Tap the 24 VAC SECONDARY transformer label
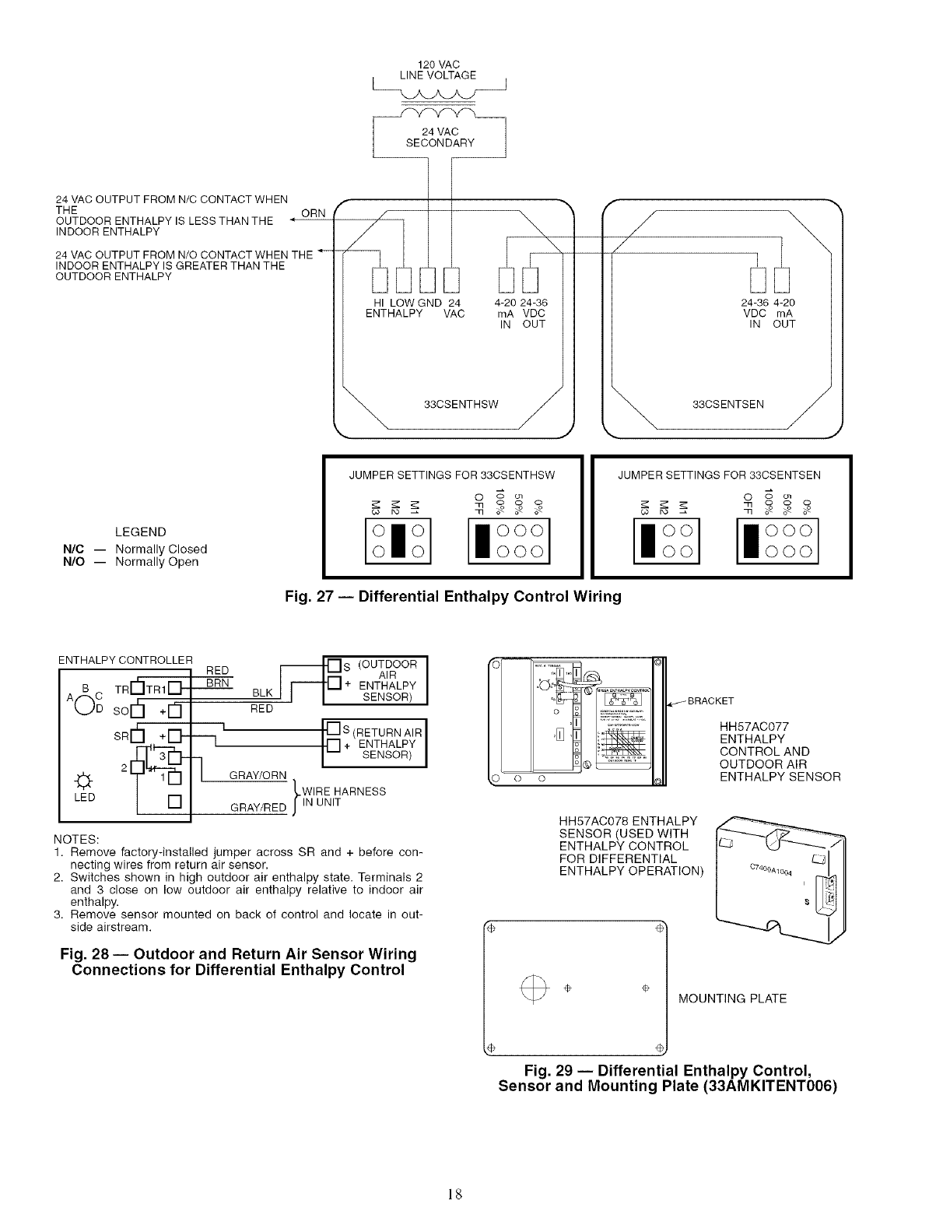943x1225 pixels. (440, 137)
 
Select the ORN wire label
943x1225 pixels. (313, 213)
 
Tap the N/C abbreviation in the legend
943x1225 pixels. (73, 548)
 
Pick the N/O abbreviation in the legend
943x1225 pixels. (73, 562)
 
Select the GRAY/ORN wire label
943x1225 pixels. (259, 775)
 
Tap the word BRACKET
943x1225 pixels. (710, 700)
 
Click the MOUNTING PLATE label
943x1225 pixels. (732, 999)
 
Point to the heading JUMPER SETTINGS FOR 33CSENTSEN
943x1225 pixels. (719, 475)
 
